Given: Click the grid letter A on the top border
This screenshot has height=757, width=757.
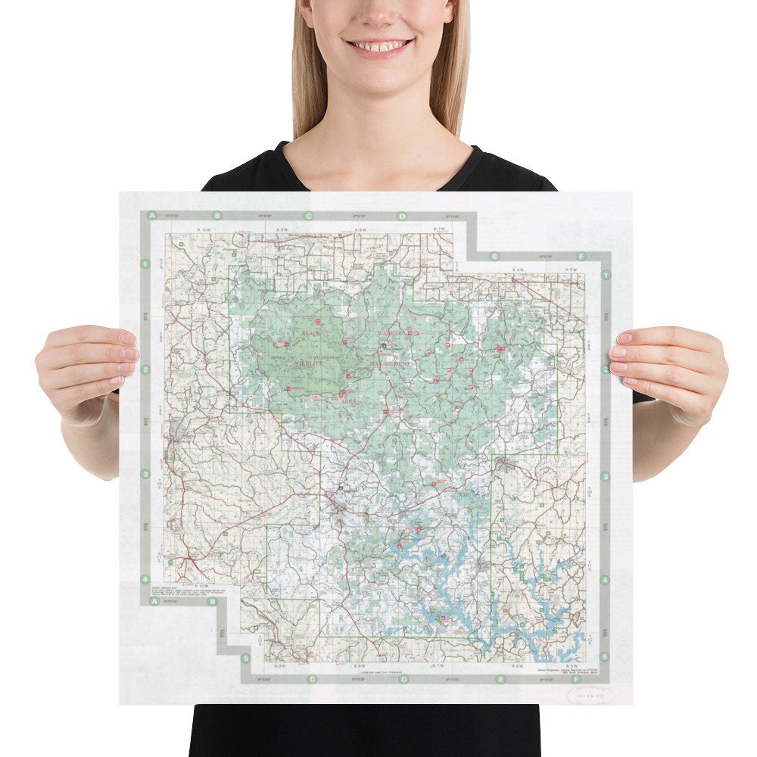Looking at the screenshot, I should (x=153, y=216).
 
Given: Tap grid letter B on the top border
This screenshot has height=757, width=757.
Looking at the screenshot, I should (x=217, y=216).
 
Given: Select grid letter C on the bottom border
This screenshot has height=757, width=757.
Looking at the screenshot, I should (x=311, y=679).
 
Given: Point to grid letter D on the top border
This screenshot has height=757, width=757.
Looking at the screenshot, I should (x=402, y=216).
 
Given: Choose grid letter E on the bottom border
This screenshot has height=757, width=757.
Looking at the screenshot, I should (x=500, y=679).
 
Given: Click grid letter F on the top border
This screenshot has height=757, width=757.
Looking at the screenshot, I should (x=581, y=256).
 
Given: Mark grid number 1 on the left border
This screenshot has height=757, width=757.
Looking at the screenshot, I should (x=145, y=264).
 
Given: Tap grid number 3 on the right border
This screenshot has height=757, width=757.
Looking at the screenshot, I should (x=606, y=477).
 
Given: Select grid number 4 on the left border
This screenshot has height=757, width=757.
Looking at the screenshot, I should (x=145, y=580).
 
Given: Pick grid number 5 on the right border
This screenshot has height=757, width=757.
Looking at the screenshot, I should (x=604, y=657).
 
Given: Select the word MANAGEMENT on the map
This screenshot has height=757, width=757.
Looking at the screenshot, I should (x=391, y=364).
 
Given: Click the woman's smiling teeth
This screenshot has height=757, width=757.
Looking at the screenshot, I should (x=379, y=46).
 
